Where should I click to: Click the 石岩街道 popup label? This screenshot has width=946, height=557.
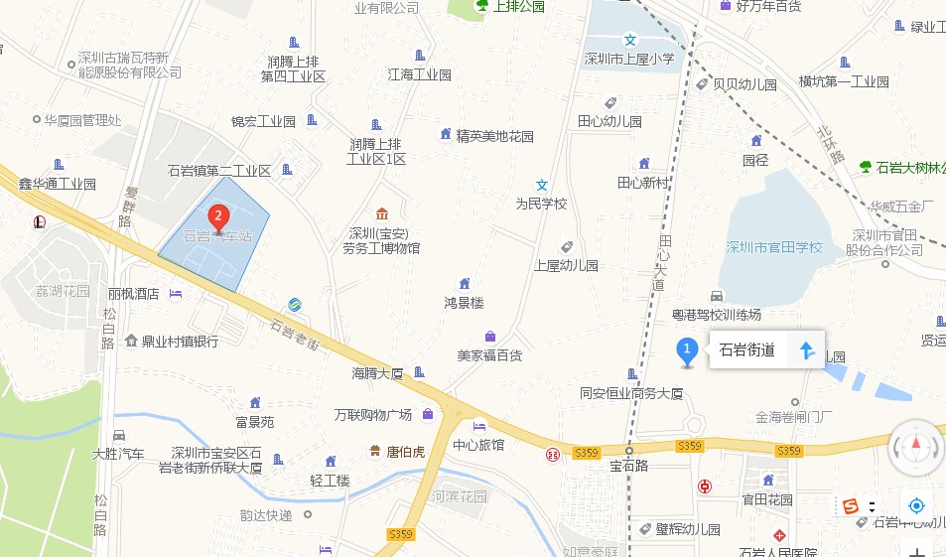tap(746, 349)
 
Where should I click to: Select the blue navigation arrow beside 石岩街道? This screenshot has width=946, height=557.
tap(806, 349)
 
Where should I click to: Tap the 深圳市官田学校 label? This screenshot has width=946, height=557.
tap(774, 247)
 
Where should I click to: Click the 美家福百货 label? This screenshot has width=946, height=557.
tap(489, 354)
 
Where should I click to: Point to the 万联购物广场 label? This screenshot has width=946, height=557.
tap(373, 414)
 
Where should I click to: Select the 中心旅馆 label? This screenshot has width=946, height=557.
tap(478, 444)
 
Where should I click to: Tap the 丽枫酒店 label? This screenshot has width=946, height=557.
tap(134, 294)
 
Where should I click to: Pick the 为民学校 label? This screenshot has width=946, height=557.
tap(541, 204)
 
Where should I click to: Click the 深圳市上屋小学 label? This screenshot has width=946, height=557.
tap(628, 59)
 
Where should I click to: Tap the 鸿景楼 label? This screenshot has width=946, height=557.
tap(464, 301)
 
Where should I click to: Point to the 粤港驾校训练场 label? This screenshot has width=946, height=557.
tap(717, 315)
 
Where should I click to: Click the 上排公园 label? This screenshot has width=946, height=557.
tap(510, 6)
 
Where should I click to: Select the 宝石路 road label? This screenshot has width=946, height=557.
tap(628, 465)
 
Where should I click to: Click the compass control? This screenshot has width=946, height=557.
tap(916, 447)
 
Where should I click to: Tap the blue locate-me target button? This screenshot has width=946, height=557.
tap(917, 504)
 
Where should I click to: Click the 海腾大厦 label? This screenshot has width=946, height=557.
tap(377, 374)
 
